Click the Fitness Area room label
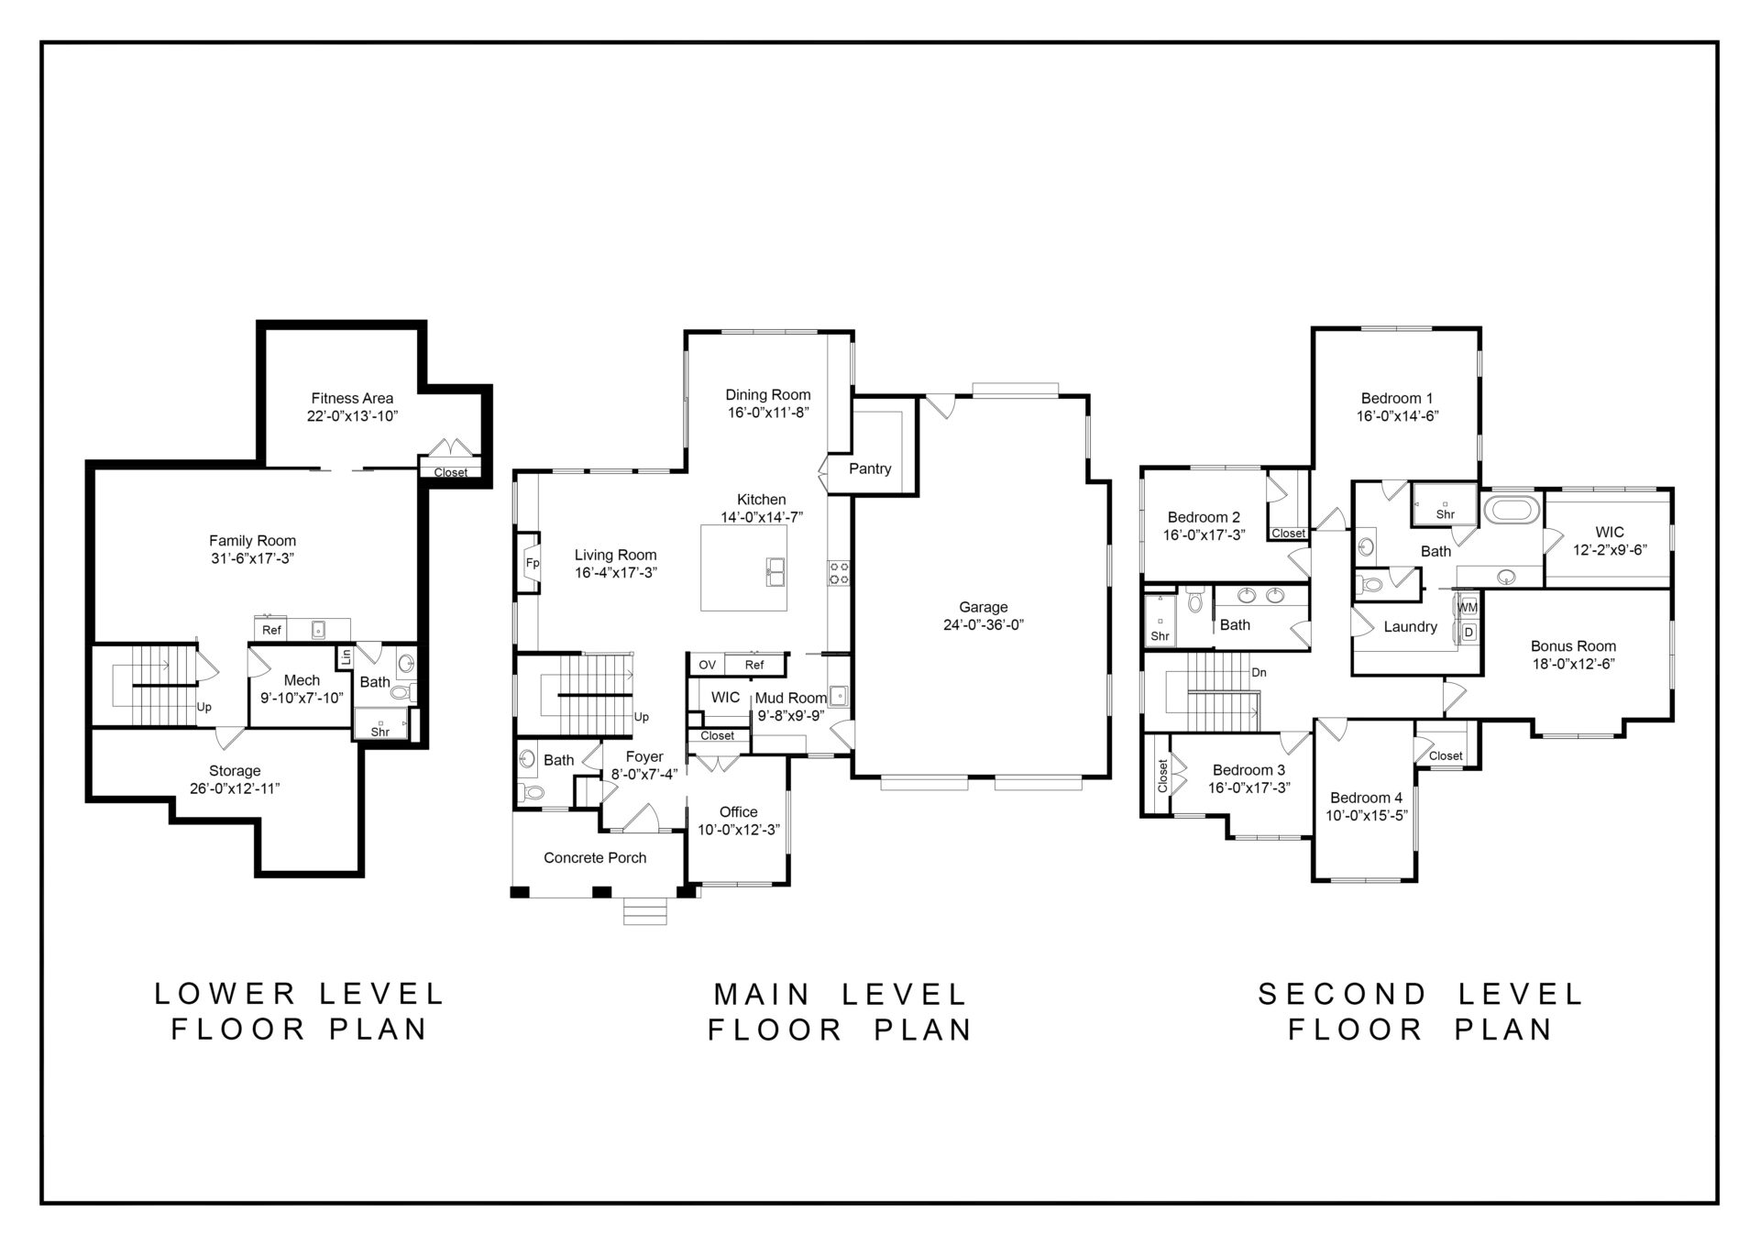point(352,398)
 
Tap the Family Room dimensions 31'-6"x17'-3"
point(252,558)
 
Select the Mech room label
point(302,680)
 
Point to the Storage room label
point(235,771)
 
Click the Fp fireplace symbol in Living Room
point(531,563)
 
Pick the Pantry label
point(870,468)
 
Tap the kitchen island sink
point(775,571)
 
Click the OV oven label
point(707,665)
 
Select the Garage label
point(983,607)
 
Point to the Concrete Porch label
point(595,858)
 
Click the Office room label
point(738,812)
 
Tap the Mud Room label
point(790,699)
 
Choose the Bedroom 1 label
point(1396,398)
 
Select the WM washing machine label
point(1468,607)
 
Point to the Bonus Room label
point(1573,646)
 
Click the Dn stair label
point(1259,672)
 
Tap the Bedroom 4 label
point(1366,798)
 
